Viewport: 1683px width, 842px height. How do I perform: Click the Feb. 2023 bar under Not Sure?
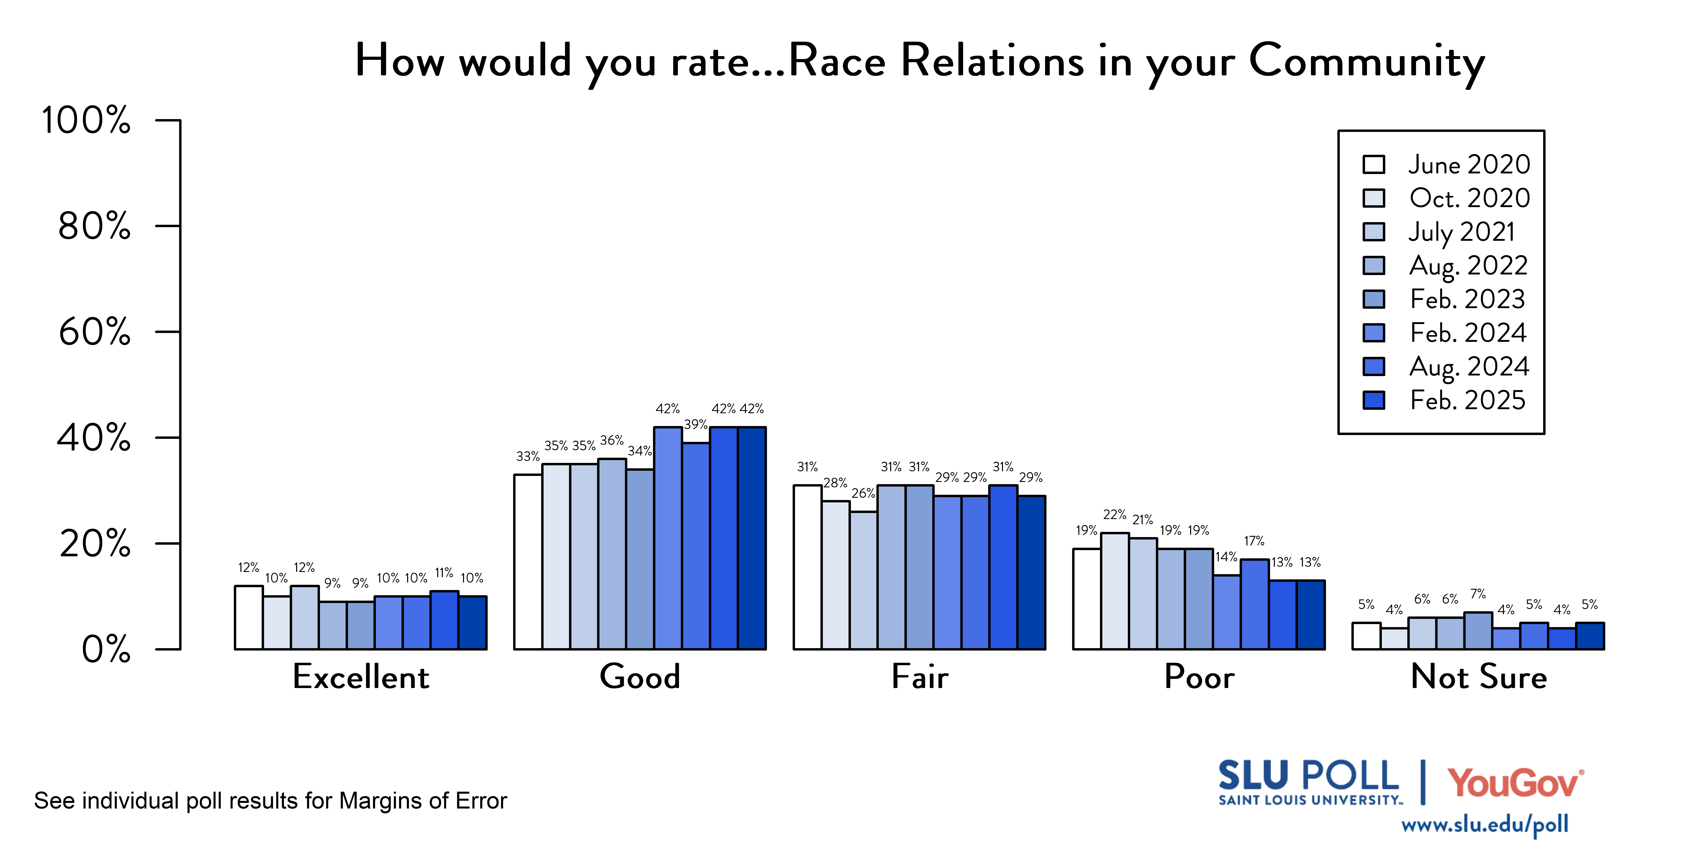coord(1478,631)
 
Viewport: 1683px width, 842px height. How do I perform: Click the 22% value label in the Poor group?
coord(1115,514)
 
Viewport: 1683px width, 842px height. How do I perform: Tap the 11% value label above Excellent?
coord(444,573)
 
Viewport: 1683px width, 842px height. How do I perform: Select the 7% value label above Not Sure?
coord(1478,594)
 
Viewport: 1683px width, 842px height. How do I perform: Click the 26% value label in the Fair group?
coord(863,493)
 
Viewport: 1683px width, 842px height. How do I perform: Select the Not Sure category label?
coord(1478,677)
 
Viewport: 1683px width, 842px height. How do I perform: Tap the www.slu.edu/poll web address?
coord(1484,824)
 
